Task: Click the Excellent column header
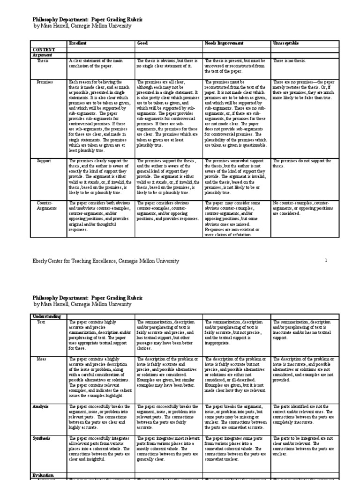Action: coord(78,43)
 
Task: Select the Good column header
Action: coord(142,43)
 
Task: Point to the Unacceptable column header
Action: coord(285,43)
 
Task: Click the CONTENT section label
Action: coord(44,49)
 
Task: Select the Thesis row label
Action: coord(43,61)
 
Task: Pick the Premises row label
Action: coord(45,82)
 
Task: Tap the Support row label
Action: coord(45,161)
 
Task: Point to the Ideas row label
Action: coord(42,359)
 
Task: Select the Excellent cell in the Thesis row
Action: coord(99,63)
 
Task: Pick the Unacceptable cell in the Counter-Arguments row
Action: coord(302,208)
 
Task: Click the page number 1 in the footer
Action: coord(325,260)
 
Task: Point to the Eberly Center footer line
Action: coord(105,261)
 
